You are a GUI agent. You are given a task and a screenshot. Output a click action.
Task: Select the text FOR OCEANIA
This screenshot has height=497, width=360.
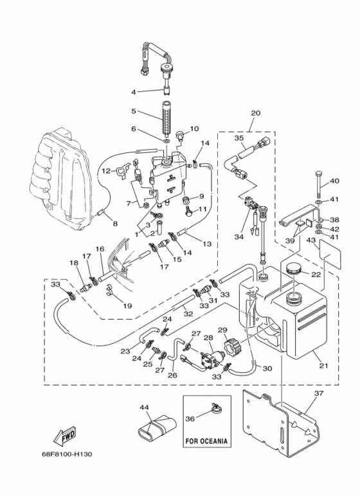click(206, 441)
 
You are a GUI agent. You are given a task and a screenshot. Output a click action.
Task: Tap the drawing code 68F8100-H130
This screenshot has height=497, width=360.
click(67, 454)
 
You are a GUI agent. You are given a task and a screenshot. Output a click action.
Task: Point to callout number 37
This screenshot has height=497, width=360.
click(318, 393)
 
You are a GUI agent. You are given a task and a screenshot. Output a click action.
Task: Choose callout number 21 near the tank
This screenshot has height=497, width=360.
click(323, 365)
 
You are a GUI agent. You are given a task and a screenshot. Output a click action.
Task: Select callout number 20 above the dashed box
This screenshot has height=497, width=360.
click(255, 113)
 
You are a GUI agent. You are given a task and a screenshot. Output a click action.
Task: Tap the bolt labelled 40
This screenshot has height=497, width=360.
click(318, 185)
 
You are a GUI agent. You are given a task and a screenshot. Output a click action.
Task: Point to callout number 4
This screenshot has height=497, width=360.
click(134, 92)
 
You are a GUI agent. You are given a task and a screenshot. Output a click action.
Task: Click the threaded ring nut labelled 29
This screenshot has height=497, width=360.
click(230, 348)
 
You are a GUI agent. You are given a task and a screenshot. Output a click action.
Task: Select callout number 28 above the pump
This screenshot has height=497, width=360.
click(208, 338)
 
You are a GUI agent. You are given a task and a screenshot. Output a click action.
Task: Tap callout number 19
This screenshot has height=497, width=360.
click(127, 306)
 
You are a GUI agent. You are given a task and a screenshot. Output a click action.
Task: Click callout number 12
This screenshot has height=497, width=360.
click(106, 171)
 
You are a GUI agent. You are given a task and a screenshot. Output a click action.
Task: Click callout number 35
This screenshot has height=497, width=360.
click(239, 138)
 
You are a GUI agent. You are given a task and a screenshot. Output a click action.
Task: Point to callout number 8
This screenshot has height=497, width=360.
click(115, 224)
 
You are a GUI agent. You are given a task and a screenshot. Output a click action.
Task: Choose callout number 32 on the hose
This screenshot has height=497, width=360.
click(188, 314)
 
